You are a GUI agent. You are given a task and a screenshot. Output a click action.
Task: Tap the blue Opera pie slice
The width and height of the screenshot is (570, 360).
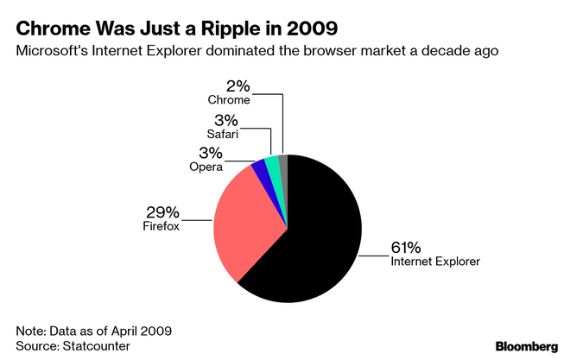point(258,166)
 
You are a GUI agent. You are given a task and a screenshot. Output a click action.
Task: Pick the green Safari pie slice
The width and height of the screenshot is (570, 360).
point(272,163)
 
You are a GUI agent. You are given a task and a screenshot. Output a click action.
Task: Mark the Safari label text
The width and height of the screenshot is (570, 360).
point(221,134)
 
